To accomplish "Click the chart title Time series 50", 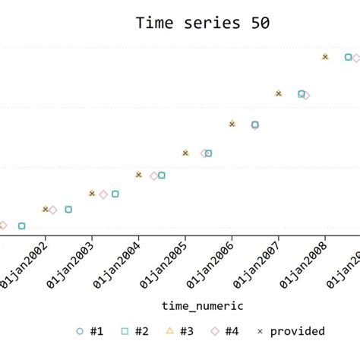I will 201,23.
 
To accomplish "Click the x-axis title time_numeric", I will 202,305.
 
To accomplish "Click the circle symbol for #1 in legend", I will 80,331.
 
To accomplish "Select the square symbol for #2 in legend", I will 125,331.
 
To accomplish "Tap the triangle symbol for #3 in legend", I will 170,331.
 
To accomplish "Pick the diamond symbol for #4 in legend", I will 215,331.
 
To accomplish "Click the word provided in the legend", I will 298,331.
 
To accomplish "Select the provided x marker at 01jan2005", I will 185,153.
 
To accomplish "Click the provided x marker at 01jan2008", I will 325,57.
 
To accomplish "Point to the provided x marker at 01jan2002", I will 46,209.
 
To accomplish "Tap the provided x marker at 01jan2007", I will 279,93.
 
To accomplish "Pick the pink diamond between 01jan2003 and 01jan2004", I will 103,194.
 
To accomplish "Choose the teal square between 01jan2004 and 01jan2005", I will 162,175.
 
